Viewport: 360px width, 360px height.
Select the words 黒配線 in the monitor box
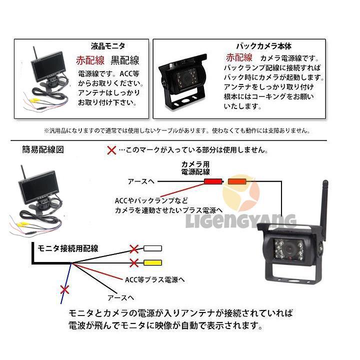(124, 60)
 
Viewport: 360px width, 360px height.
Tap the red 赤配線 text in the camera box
(239, 56)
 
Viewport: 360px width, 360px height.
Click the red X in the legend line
(112, 150)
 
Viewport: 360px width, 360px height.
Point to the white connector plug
(152, 248)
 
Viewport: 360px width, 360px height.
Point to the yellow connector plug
(152, 263)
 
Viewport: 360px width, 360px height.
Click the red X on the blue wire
(63, 289)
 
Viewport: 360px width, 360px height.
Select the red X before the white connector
(133, 248)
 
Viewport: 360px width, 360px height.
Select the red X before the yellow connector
(133, 263)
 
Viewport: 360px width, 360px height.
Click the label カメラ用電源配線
(195, 168)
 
